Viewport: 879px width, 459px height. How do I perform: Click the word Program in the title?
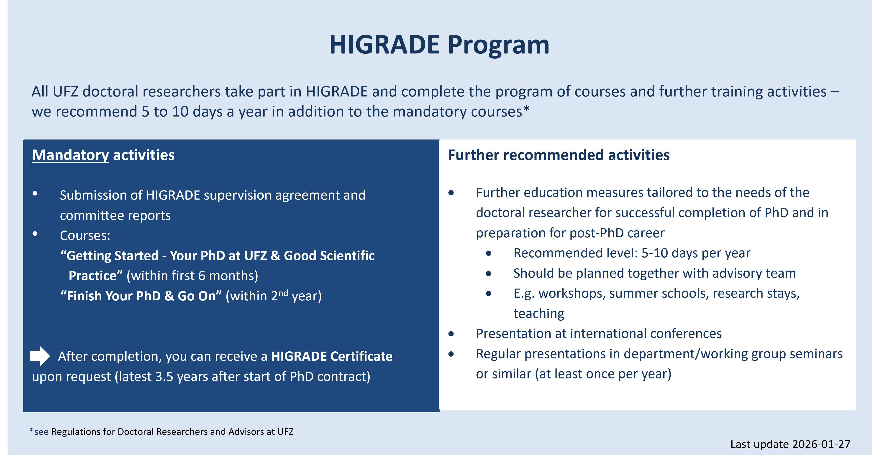point(498,45)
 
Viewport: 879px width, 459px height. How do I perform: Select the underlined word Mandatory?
point(70,155)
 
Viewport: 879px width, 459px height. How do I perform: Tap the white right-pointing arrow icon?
point(40,356)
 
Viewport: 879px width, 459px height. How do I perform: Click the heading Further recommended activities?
point(559,155)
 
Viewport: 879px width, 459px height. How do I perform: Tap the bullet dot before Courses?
point(35,234)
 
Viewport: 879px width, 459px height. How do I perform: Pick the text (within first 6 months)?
point(192,276)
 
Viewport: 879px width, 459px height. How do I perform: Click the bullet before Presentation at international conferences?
point(451,334)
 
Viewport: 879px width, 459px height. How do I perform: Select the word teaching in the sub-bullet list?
point(539,313)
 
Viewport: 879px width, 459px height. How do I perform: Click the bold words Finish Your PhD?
point(114,296)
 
